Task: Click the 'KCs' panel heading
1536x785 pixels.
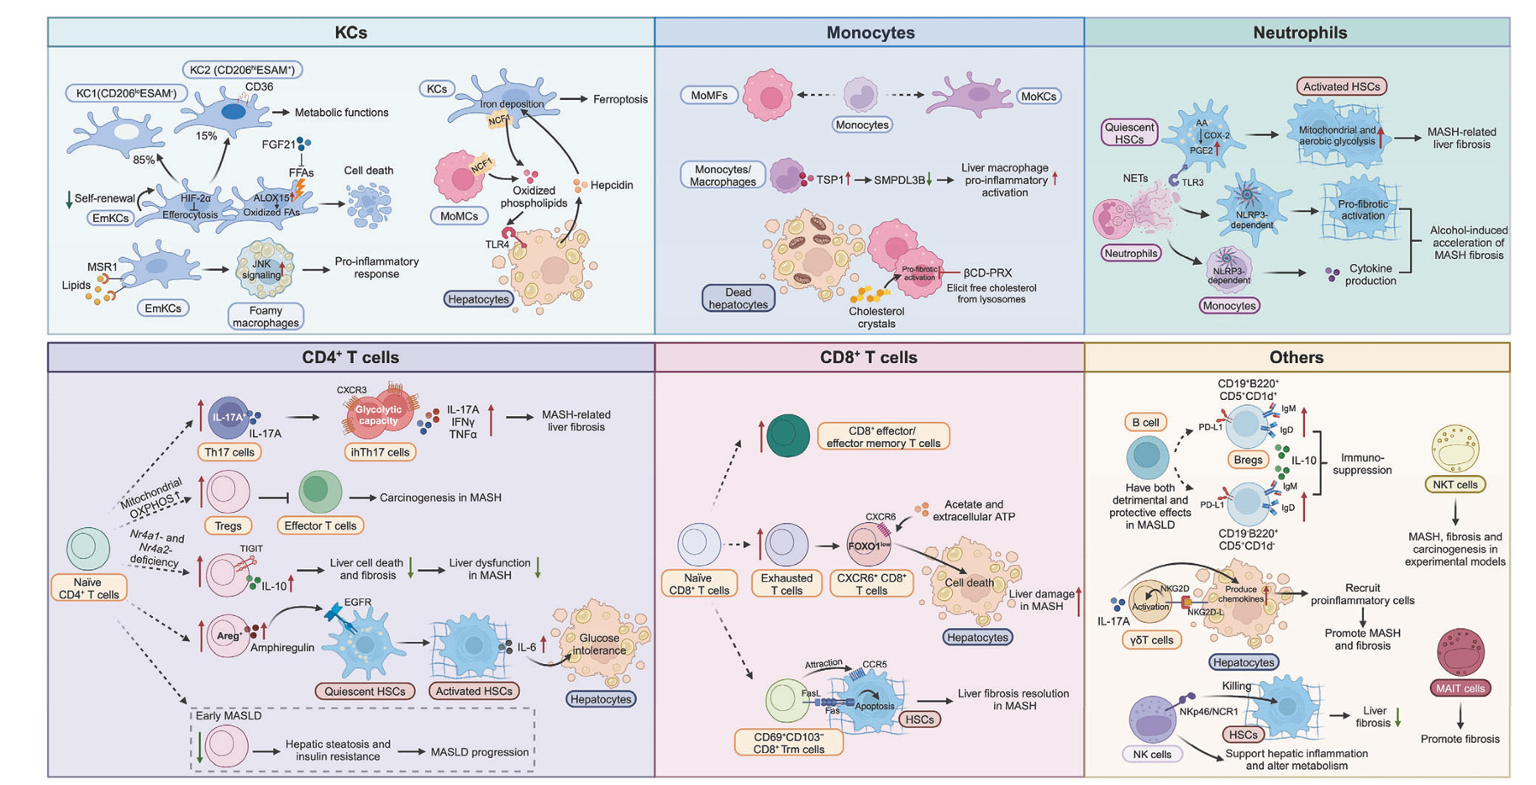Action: click(350, 33)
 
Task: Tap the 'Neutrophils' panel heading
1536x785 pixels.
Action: click(1299, 33)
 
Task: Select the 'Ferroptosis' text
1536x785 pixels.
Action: click(620, 99)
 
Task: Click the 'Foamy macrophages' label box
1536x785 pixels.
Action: click(266, 316)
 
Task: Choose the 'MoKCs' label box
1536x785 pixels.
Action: click(1038, 97)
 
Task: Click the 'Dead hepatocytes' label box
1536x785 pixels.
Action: click(738, 298)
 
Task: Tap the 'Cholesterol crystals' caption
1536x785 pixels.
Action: click(876, 318)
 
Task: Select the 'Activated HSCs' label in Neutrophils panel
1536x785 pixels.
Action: click(1341, 87)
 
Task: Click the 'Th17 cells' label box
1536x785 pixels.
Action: click(229, 452)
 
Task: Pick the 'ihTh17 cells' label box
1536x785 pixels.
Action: click(380, 452)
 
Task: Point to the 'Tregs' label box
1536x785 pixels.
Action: click(228, 526)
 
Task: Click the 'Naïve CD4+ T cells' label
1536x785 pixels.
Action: click(87, 587)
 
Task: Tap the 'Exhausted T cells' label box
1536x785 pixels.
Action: click(786, 584)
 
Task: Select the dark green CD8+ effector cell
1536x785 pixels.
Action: click(787, 435)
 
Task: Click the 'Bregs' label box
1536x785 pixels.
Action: click(1248, 460)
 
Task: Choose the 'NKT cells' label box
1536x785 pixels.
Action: click(1454, 485)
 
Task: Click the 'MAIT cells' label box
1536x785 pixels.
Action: click(1460, 688)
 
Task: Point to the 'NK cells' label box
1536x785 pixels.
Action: click(1151, 754)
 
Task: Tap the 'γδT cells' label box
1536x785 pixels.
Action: click(1151, 640)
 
